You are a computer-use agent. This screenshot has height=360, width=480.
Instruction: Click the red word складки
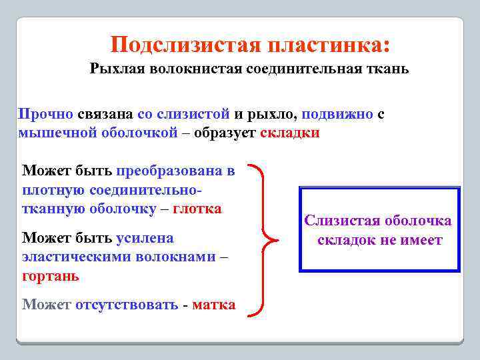pyautogui.click(x=290, y=132)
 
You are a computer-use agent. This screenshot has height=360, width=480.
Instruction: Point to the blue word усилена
pyautogui.click(x=145, y=238)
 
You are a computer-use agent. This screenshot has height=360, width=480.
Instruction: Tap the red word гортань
pyautogui.click(x=50, y=275)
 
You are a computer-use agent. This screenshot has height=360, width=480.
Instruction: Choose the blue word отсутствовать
pyautogui.click(x=126, y=305)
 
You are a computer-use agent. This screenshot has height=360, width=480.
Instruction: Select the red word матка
pyautogui.click(x=213, y=305)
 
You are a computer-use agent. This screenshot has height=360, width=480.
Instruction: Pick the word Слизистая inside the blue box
pyautogui.click(x=341, y=221)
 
